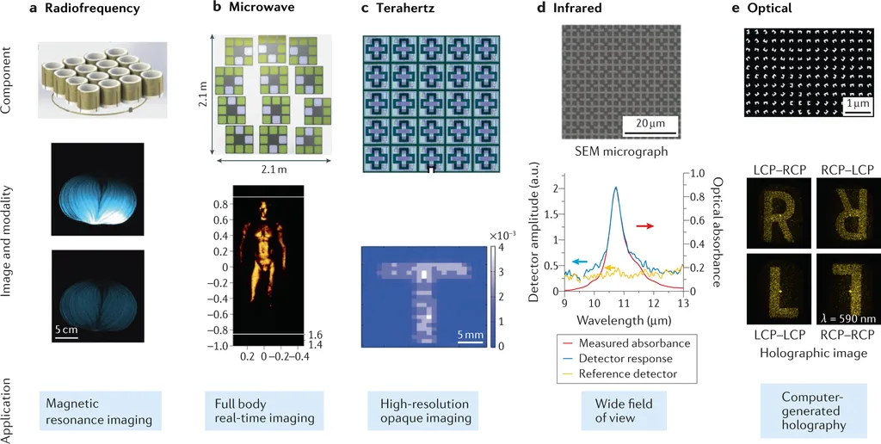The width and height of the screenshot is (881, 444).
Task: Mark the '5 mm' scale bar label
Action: click(470, 333)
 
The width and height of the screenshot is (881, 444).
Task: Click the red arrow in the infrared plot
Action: click(644, 225)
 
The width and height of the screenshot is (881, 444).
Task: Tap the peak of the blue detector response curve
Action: click(616, 188)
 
